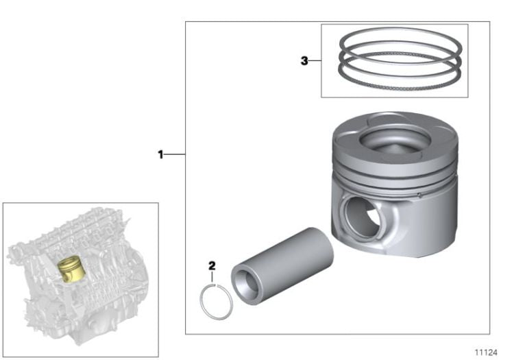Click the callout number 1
tap(161, 155)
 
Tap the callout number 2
tap(212, 265)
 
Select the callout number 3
tap(304, 60)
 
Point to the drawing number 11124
tap(487, 351)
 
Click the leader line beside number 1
tap(175, 155)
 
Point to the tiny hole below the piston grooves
tap(419, 195)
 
